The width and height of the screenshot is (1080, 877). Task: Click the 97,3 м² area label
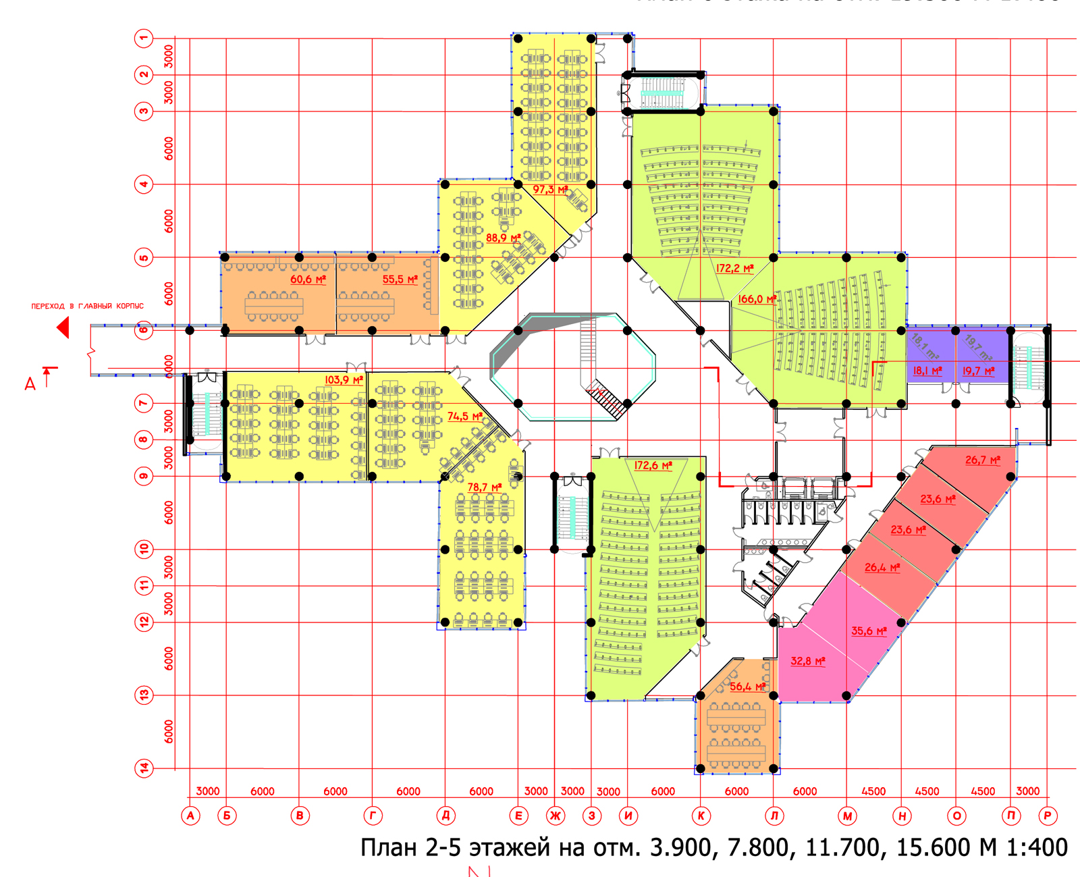point(549,190)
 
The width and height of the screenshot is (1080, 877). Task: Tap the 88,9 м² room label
point(503,238)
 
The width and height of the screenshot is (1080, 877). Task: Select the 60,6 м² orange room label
point(308,279)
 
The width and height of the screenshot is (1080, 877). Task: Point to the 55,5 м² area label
point(400,279)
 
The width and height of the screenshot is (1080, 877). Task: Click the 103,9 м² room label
point(344,380)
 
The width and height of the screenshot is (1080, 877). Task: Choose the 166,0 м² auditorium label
point(757,299)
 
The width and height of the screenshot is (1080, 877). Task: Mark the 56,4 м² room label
point(747,687)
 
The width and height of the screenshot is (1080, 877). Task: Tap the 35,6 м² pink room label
point(869,631)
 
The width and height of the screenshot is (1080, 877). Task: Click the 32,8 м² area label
point(808,661)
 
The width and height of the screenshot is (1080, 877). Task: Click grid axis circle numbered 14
point(144,768)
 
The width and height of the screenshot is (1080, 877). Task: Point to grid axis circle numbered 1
point(144,38)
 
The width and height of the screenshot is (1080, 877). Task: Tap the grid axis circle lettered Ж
point(555,816)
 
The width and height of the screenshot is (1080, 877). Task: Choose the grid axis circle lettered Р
point(1047,816)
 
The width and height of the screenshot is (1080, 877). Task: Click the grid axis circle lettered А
point(190,816)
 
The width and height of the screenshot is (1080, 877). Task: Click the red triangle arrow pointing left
point(63,328)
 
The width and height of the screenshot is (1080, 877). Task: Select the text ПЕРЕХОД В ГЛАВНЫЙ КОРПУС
point(88,306)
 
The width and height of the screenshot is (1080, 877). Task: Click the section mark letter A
point(30,384)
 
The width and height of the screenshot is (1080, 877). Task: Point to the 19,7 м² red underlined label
point(978,371)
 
